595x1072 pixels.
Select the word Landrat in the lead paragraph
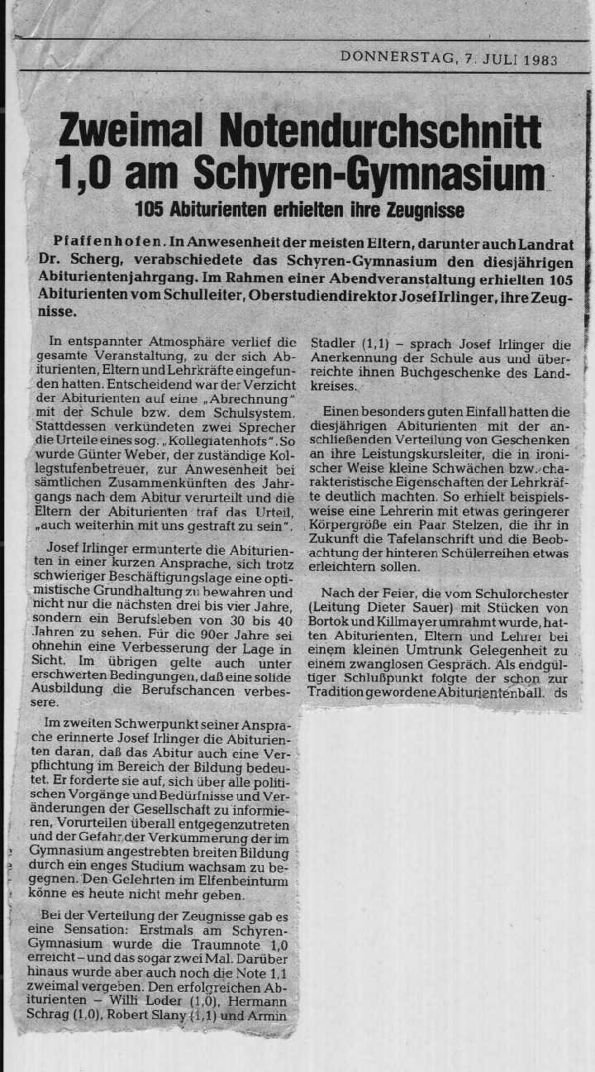tap(541, 243)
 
